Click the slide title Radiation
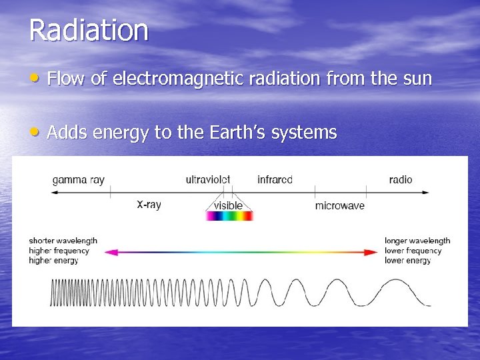[x=89, y=31]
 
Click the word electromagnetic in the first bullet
[x=172, y=79]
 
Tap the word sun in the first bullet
[x=417, y=79]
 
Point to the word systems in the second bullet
[x=309, y=133]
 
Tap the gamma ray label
[x=78, y=179]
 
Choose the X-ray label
[x=149, y=205]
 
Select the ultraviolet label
[x=208, y=179]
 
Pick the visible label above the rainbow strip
[x=228, y=205]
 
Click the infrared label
[x=275, y=179]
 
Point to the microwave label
[x=339, y=205]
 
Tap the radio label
[x=401, y=179]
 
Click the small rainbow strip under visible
[x=229, y=216]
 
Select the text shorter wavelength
[x=63, y=241]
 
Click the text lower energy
[x=407, y=261]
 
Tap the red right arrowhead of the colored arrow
[x=373, y=252]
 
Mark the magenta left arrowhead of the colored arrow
[x=109, y=252]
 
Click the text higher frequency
[x=59, y=251]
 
